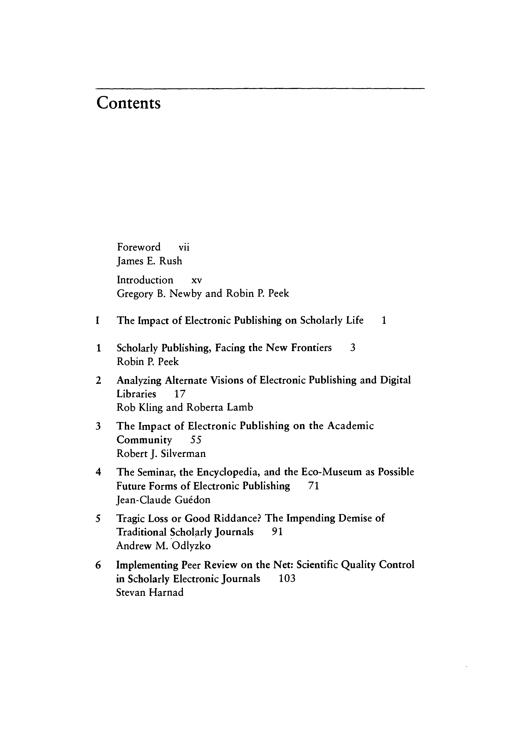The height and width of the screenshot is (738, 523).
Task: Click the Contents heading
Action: click(x=128, y=104)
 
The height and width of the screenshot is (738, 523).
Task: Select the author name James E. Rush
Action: click(x=149, y=261)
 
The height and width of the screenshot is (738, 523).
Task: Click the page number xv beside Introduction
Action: click(x=196, y=280)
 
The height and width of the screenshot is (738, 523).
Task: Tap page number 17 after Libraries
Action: click(x=180, y=394)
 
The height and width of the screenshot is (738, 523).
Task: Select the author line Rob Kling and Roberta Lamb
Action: click(x=185, y=408)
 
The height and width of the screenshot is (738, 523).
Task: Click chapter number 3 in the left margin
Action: click(x=98, y=426)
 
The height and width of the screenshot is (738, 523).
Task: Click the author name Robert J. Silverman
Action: click(x=161, y=454)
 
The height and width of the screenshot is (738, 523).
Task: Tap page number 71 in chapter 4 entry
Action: click(x=313, y=486)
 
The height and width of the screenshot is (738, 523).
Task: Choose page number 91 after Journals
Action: click(x=277, y=532)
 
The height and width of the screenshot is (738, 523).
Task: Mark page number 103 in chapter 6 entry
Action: click(x=287, y=579)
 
